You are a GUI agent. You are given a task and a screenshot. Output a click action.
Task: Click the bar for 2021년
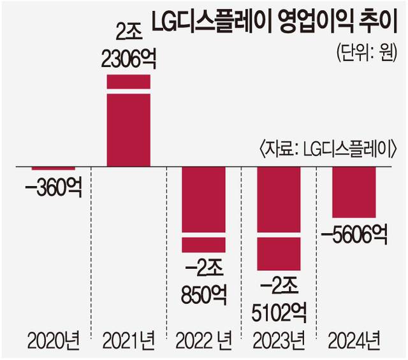coord(128,127)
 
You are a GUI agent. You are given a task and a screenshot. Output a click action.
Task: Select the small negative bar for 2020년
coord(54,168)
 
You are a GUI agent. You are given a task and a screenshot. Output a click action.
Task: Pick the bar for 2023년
coord(279,217)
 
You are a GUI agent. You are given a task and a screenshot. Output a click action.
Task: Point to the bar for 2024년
coord(354,191)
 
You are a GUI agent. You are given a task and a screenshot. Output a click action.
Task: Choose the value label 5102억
coord(279,312)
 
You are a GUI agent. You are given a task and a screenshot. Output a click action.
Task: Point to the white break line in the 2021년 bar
coord(128,92)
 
